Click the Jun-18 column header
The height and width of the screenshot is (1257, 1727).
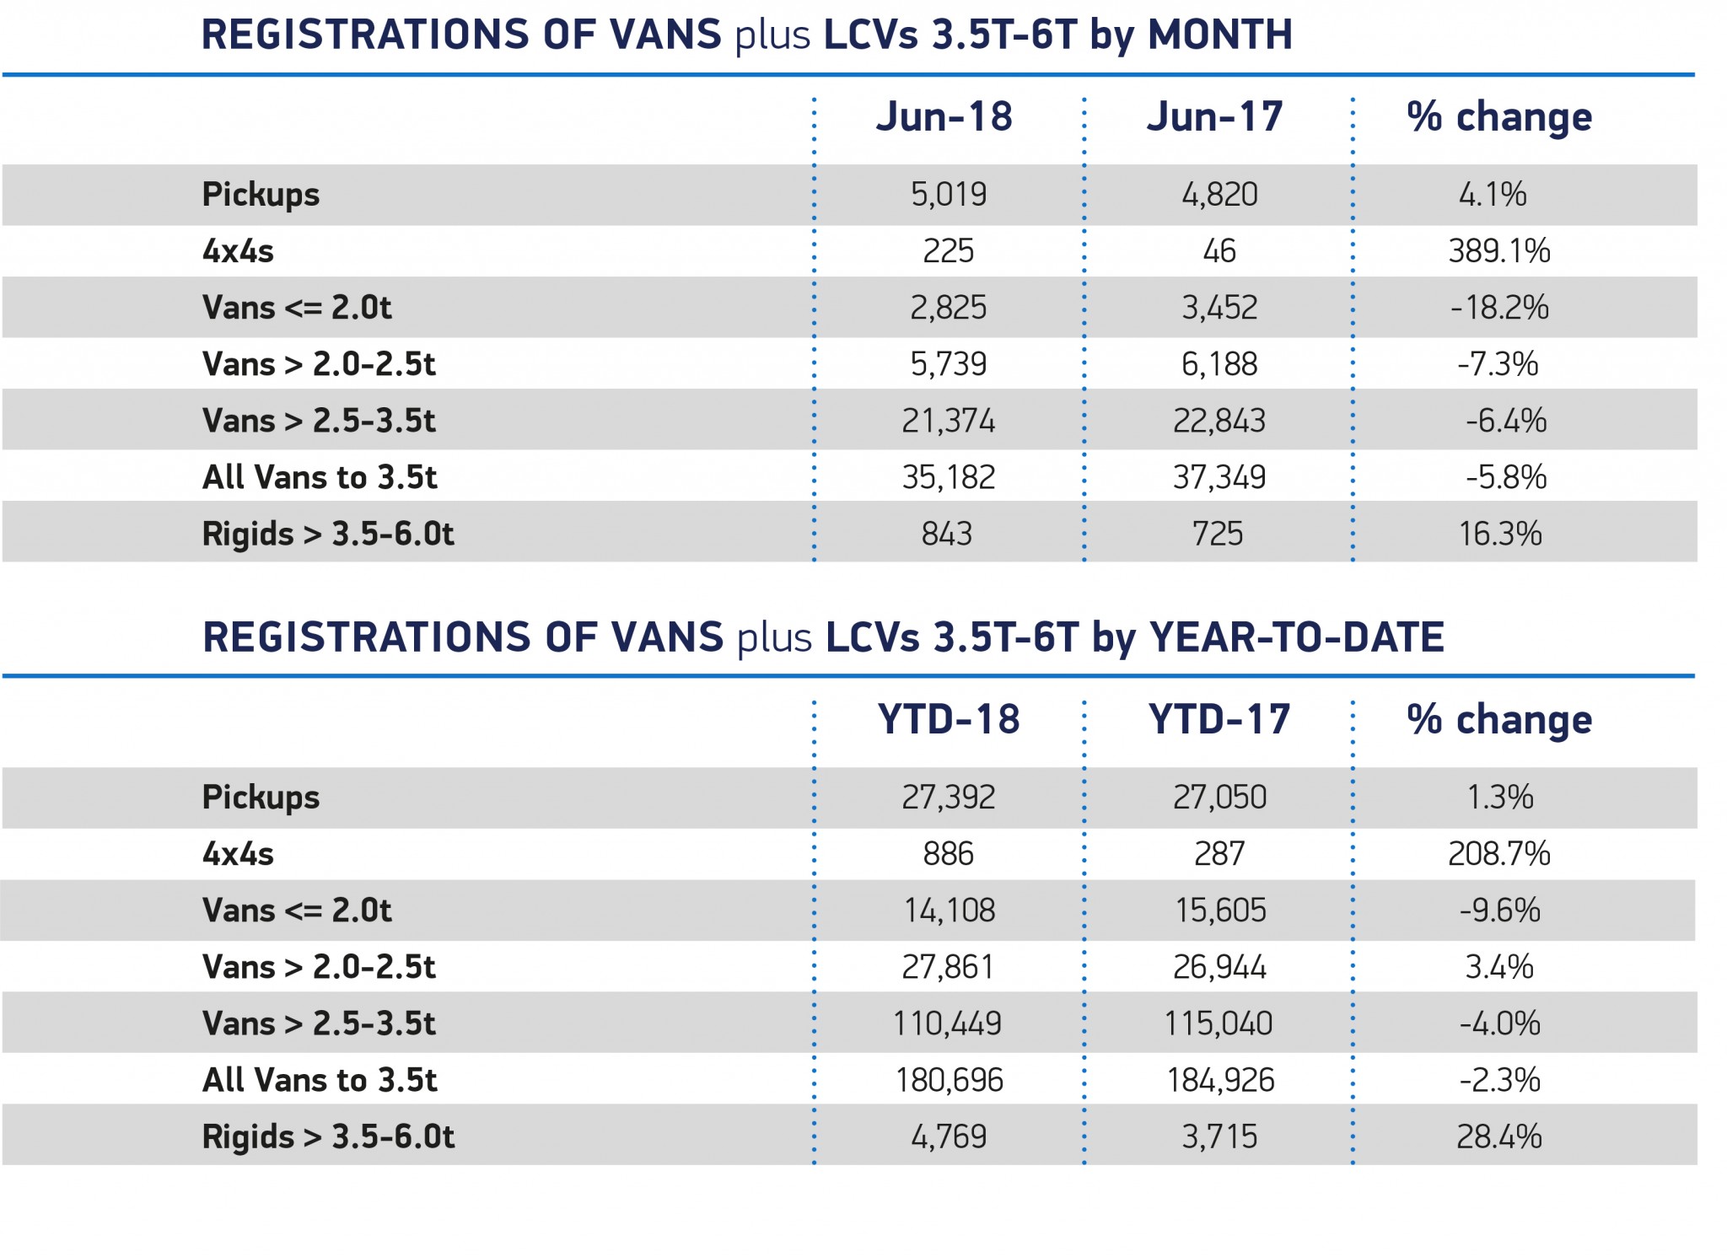coord(944,116)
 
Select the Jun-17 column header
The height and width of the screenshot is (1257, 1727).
coord(1215,116)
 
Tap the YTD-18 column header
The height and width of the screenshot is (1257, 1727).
coord(949,719)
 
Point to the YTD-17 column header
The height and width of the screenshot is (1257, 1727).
coord(1219,719)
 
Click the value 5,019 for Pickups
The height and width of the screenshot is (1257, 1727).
coord(949,195)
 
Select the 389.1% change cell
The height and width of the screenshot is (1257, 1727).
coord(1499,251)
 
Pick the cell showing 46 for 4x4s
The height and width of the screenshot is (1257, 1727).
coord(1219,251)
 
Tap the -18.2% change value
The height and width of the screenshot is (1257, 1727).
coord(1499,308)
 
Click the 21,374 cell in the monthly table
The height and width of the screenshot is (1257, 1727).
coord(949,421)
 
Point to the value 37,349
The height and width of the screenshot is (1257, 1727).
coord(1219,477)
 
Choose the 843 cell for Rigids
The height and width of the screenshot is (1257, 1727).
coord(947,534)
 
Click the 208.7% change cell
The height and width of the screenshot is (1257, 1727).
coord(1499,854)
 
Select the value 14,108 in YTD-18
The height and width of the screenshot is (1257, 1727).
coord(950,911)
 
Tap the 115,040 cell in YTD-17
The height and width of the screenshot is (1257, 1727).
coord(1219,1023)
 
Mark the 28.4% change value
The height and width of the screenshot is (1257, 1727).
coord(1499,1136)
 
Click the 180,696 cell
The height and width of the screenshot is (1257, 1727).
coord(950,1080)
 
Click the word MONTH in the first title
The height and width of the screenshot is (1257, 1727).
coord(1220,35)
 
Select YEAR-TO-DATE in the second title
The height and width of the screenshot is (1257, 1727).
coord(1297,637)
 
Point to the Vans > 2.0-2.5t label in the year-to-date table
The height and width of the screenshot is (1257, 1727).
coord(320,967)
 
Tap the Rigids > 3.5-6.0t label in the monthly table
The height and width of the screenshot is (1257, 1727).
coord(329,534)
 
